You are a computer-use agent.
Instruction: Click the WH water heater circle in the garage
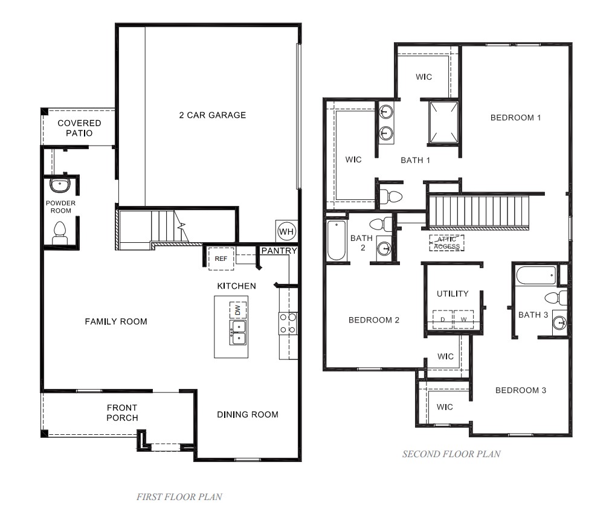pos(286,231)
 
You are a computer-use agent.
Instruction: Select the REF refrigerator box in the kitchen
pos(221,258)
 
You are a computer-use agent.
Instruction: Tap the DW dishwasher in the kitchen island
pos(237,310)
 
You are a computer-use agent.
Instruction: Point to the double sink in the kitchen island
pos(238,332)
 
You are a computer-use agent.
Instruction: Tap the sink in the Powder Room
pos(60,184)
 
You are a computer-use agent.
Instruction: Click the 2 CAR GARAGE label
pos(212,115)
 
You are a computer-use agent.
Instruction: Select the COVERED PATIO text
pos(79,127)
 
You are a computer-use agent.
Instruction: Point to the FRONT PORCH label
pos(122,412)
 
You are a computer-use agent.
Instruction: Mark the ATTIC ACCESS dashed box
pos(446,243)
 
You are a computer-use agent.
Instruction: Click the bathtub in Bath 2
pos(337,240)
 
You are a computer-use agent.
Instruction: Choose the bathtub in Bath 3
pos(535,276)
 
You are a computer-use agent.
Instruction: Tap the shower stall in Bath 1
pos(443,123)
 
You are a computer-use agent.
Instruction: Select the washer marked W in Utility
pos(464,319)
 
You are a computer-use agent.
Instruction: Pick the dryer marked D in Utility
pos(442,319)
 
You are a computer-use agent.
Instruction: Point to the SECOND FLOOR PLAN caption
pos(451,454)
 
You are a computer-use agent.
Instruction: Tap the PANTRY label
pos(279,251)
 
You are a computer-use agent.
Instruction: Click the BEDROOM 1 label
pos(515,117)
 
